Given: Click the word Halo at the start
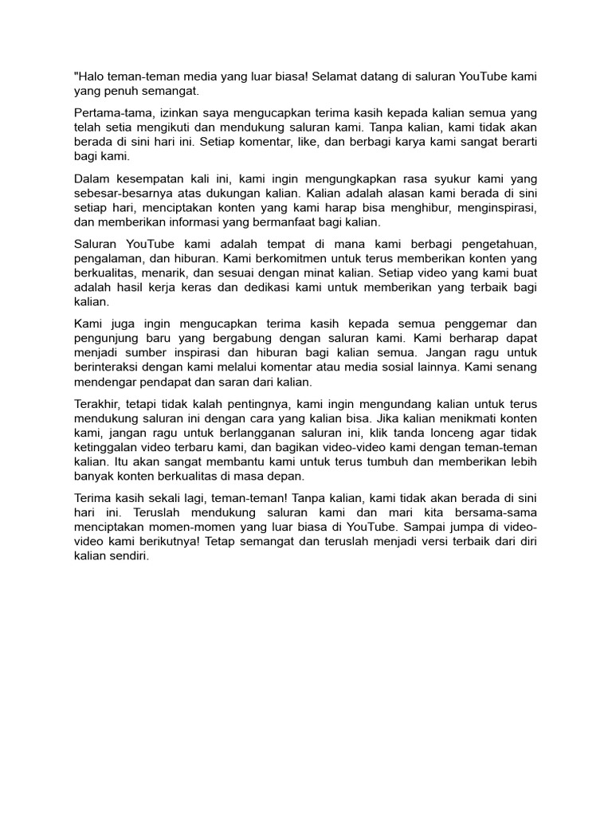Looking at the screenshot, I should [90, 76].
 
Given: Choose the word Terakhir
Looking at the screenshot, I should [98, 405].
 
